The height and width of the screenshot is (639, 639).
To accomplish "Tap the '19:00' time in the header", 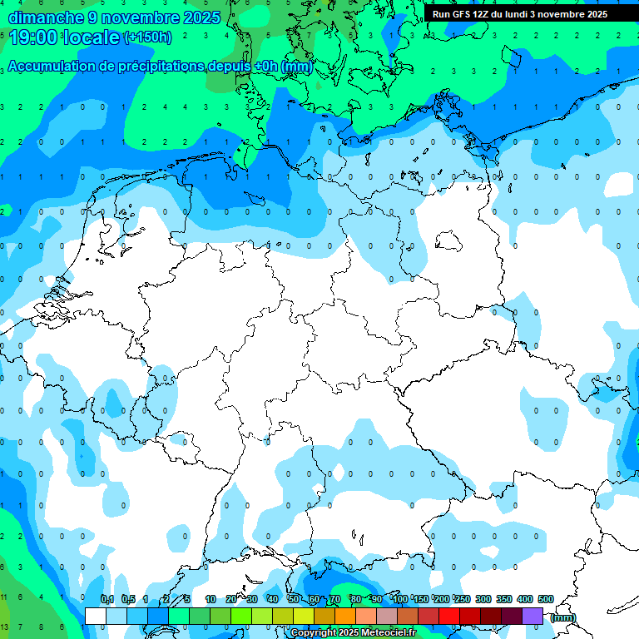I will (32, 37).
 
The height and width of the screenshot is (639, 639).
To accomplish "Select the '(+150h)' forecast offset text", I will (147, 37).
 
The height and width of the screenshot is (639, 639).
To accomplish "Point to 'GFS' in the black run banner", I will (463, 14).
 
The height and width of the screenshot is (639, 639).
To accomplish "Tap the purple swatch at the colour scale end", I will (532, 616).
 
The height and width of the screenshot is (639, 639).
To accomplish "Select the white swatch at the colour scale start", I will (96, 616).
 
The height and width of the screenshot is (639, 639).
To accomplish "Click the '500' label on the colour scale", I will (546, 599).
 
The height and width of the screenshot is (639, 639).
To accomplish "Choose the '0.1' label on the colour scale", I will (107, 599).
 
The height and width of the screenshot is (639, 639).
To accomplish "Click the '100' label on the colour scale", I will (400, 599).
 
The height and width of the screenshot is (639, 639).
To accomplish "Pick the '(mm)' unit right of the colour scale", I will (563, 617).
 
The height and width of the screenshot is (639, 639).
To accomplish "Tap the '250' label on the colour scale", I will (463, 599).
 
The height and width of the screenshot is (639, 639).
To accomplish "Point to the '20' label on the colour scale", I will (231, 599).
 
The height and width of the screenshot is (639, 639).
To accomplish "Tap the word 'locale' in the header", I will (91, 37).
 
